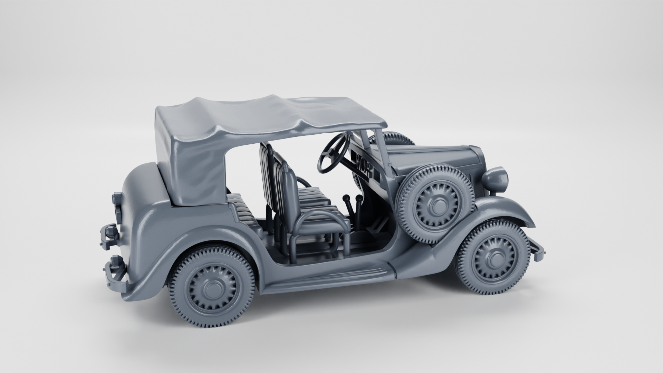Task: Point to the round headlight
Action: [x=496, y=179]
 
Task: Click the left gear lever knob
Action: [x=345, y=198]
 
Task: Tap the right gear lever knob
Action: [x=359, y=198]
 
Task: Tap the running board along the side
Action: [x=328, y=276]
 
